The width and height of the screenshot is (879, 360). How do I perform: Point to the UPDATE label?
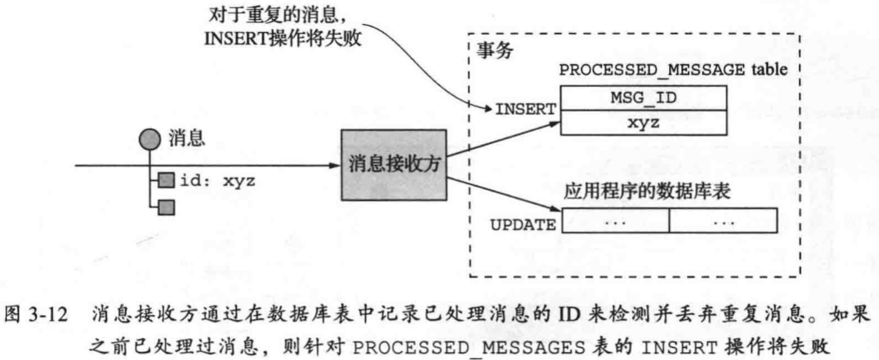(x=523, y=225)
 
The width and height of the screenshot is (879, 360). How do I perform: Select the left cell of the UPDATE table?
(x=615, y=221)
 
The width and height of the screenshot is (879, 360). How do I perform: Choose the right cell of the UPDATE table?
(x=723, y=221)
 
